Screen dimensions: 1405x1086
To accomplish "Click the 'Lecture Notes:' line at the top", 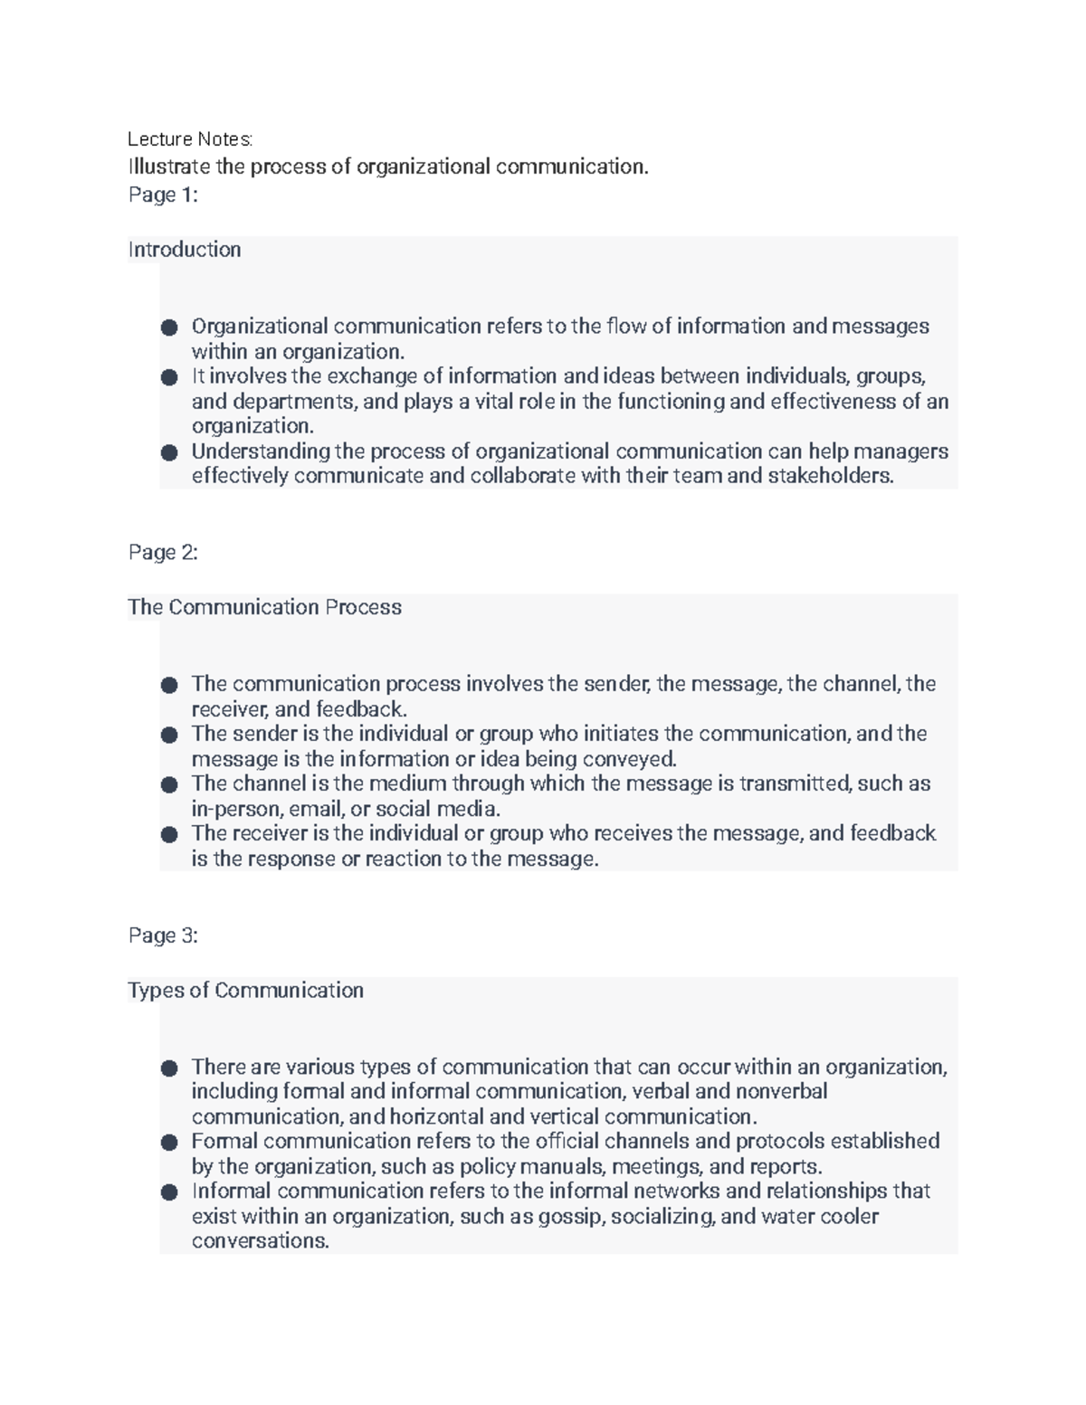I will (x=190, y=139).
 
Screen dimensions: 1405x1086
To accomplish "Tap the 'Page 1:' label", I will (x=163, y=195).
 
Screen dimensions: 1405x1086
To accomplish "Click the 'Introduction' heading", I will (x=185, y=250).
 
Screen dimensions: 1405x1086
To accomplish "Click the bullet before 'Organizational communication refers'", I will (x=169, y=328).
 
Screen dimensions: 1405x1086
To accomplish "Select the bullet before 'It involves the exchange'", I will (x=169, y=377).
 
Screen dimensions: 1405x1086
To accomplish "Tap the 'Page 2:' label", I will (x=163, y=553).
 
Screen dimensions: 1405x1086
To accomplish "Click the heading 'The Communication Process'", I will (x=264, y=607).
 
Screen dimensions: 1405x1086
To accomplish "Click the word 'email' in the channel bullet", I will (x=317, y=809).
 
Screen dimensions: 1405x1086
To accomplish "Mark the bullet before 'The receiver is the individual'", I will (x=169, y=834).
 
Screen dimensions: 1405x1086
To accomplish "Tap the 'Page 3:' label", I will (x=163, y=935).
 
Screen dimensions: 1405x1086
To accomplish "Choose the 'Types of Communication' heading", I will (x=245, y=991).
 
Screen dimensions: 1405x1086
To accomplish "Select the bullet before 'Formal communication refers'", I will (x=169, y=1143).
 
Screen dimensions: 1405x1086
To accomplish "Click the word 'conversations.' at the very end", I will (x=260, y=1241).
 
